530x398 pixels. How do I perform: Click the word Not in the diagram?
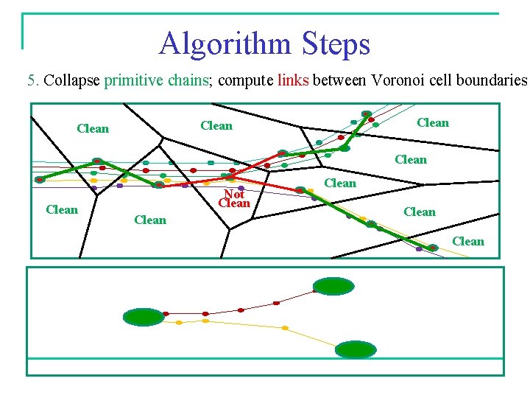(x=234, y=194)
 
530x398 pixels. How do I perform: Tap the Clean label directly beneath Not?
(x=234, y=203)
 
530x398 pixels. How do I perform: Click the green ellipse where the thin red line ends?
(x=333, y=287)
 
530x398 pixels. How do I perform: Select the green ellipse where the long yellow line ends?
(x=355, y=349)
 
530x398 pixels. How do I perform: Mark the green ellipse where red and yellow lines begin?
(x=144, y=317)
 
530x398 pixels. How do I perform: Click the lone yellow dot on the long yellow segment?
(x=285, y=328)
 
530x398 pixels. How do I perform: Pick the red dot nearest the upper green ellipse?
(x=277, y=303)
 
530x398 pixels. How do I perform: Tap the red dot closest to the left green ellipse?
(x=166, y=314)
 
